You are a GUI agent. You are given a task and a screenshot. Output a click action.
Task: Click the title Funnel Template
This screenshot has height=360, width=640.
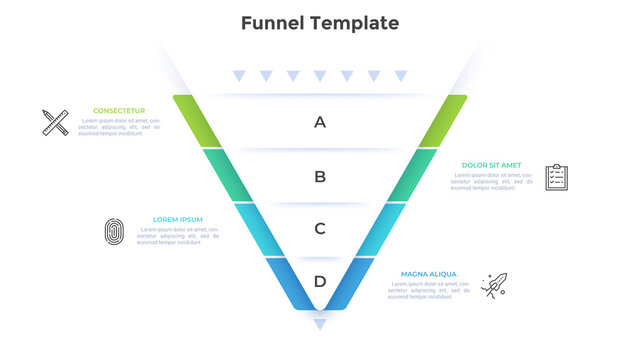[x=320, y=23]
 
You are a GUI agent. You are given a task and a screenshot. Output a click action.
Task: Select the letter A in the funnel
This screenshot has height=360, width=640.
[x=320, y=122]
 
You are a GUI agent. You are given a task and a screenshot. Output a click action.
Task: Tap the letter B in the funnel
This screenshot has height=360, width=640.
[x=320, y=177]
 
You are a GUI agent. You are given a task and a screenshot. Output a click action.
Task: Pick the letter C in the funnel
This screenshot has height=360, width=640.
[x=320, y=229]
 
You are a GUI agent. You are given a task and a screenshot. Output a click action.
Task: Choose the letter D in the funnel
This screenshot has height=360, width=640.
[x=320, y=281]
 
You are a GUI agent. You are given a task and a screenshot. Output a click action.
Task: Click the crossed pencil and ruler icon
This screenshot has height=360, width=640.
[x=55, y=122]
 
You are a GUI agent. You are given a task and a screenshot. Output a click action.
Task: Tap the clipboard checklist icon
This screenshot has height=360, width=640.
[x=557, y=177]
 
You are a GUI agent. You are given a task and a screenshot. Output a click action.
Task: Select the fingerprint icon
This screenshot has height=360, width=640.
[x=114, y=232]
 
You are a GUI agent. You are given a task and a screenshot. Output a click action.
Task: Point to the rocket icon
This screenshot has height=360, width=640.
[x=494, y=285]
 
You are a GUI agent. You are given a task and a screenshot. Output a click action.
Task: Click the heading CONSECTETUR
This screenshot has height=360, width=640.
[x=119, y=111]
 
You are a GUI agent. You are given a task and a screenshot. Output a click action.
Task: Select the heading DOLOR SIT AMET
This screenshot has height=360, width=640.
[x=491, y=165]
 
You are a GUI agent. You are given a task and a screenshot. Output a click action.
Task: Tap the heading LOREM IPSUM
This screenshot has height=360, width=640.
[x=178, y=219]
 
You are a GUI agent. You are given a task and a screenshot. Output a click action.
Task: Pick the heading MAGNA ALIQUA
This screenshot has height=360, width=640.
[x=429, y=273]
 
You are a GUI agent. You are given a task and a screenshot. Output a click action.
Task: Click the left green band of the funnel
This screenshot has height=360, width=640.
[x=198, y=121]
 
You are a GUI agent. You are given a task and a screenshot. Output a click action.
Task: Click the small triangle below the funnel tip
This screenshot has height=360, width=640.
[x=320, y=324]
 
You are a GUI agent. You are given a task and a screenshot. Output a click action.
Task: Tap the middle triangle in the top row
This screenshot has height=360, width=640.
[x=320, y=76]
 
